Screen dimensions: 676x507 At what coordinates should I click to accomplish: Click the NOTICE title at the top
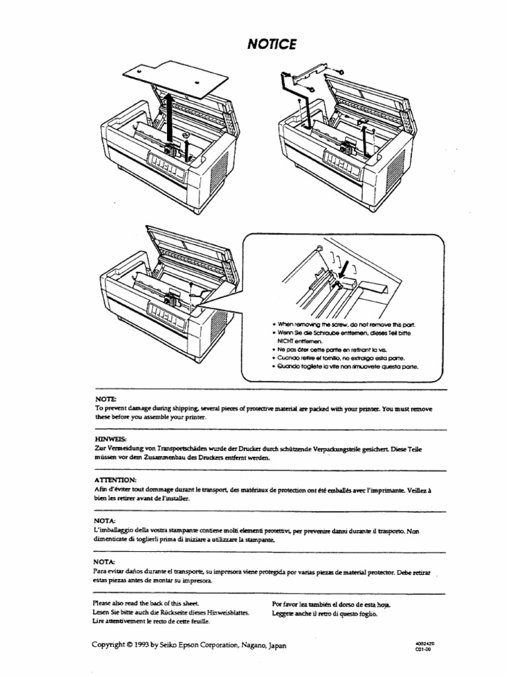click(x=271, y=44)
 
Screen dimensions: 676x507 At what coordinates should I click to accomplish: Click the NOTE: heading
click(x=105, y=399)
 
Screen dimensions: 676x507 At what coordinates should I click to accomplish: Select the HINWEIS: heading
click(x=110, y=437)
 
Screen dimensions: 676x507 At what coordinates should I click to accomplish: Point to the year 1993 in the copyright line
click(x=149, y=646)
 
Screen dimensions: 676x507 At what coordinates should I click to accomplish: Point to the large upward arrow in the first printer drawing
click(x=170, y=119)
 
